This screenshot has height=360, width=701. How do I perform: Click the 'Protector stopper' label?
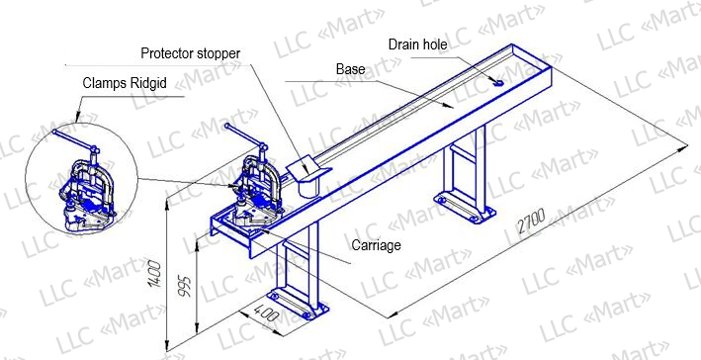coord(191,53)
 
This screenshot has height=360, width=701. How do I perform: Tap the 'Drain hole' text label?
coord(417,45)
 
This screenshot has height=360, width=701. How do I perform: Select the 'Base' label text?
coord(350,69)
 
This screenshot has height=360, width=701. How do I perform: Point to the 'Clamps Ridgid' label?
coord(125,83)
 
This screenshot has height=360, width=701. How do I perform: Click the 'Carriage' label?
coord(376,245)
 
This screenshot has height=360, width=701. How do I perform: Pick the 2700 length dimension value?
coord(532,222)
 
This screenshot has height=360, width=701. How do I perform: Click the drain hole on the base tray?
coord(498,83)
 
